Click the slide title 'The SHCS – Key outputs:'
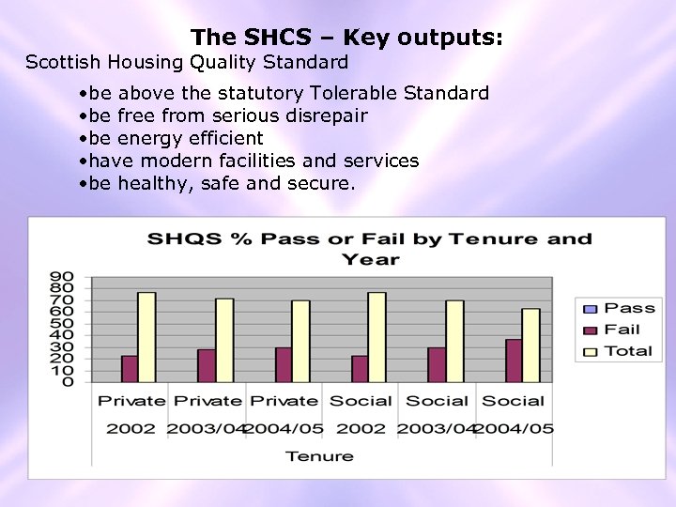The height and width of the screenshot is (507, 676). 347,38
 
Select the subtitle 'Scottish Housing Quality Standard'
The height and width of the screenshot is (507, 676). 187,63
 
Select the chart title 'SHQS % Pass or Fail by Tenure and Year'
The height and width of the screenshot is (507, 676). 370,248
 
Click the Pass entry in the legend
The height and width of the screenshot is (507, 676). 620,308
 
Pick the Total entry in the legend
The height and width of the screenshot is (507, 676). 620,351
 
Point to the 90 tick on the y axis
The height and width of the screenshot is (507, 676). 62,277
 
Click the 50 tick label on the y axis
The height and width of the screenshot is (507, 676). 62,323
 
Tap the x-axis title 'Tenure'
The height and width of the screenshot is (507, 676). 319,456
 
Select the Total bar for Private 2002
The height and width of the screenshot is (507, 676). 146,337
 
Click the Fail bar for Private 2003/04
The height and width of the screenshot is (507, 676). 207,365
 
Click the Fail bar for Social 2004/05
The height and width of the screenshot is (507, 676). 514,361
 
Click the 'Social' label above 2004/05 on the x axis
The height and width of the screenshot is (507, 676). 513,401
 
